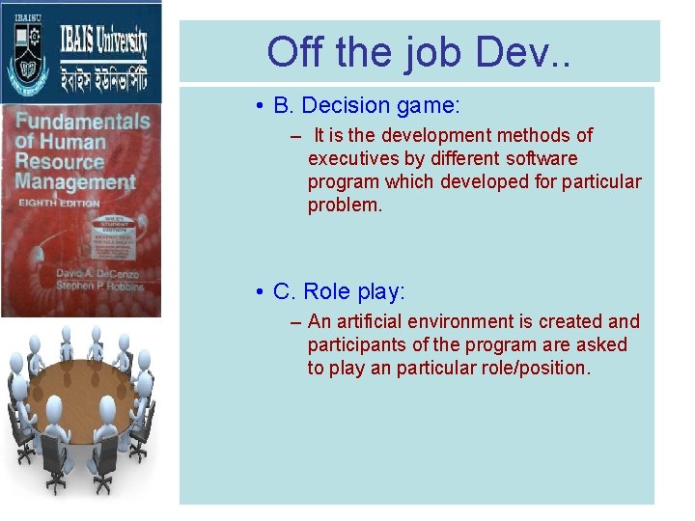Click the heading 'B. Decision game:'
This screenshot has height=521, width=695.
point(357,104)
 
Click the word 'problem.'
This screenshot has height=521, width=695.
point(345,205)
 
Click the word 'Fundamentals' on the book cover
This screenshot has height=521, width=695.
point(82,123)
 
